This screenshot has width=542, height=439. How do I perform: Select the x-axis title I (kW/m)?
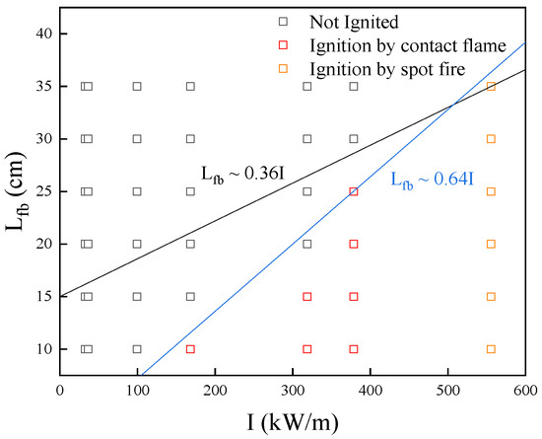click(x=293, y=421)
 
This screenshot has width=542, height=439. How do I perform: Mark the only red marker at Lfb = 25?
click(x=354, y=191)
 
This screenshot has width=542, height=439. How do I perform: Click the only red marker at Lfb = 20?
click(x=354, y=244)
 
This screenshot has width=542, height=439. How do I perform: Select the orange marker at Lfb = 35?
click(x=491, y=86)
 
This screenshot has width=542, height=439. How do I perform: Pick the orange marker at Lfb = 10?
click(x=491, y=349)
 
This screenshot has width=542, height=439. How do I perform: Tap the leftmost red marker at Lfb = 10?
click(x=190, y=349)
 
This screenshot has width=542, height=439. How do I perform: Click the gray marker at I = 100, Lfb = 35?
click(x=137, y=86)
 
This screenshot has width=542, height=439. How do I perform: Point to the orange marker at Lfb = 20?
click(x=491, y=244)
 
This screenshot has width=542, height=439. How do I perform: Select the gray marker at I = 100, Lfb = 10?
click(x=137, y=349)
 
